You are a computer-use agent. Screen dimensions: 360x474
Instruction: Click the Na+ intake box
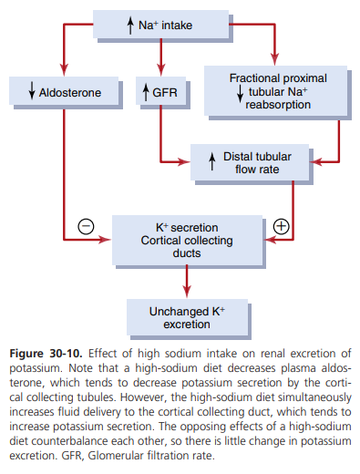pos(161,25)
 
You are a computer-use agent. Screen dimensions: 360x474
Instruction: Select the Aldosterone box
pos(64,91)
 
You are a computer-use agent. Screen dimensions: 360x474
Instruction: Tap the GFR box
pos(160,91)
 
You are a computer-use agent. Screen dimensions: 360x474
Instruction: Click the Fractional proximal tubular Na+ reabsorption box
pos(275,90)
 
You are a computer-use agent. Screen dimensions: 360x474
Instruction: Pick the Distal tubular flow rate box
pos(250,162)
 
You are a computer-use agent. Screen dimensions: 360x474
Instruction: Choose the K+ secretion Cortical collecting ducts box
pos(187,240)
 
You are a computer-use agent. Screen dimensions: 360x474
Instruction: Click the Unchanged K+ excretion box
pos(187,317)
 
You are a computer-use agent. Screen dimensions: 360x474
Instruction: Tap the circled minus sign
pos(86,226)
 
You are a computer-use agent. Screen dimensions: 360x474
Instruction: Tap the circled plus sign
pos(281,226)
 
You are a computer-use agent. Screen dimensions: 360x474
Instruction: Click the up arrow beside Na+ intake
pos(130,26)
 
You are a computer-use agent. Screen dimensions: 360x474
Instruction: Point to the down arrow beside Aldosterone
pos(32,91)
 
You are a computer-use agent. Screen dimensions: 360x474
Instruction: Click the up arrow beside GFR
pos(146,92)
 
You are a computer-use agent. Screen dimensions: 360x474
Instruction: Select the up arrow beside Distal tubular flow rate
pos(212,161)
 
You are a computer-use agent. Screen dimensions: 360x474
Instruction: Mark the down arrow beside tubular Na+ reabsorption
pos(240,94)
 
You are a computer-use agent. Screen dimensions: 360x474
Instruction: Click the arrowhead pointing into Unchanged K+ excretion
pos(187,292)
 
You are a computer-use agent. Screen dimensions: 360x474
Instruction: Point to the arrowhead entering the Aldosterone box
pos(64,70)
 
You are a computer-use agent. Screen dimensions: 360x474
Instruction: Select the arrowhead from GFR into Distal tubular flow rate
pos(184,162)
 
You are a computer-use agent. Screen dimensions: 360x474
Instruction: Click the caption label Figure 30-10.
pos(46,354)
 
